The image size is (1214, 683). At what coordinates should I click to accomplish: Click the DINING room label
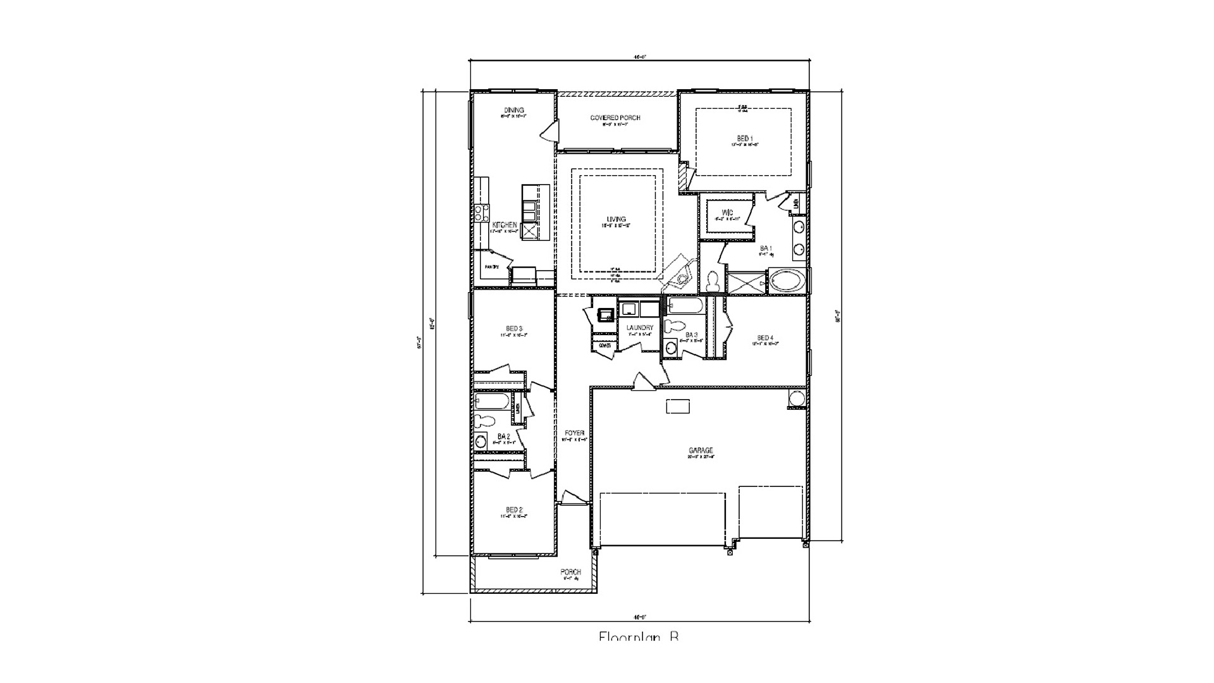point(514,111)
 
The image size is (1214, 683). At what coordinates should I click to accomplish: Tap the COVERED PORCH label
point(615,118)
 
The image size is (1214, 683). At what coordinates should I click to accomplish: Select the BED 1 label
point(744,138)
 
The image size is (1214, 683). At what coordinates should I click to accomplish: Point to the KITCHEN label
point(505,226)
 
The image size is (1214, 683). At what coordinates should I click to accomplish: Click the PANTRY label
point(492,268)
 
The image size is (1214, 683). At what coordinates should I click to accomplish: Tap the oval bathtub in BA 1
point(787,281)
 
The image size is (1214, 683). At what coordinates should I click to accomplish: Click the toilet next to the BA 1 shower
point(713,281)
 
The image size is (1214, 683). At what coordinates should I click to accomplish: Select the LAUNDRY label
point(639,328)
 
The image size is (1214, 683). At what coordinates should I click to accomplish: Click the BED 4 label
point(765,338)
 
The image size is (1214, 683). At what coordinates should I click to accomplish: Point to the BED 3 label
point(514,329)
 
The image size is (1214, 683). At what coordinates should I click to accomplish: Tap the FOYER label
point(574,433)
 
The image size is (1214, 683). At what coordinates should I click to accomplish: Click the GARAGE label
point(701,451)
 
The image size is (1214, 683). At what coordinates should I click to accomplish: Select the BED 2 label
point(514,510)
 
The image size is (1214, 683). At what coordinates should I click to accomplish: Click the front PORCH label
point(570,572)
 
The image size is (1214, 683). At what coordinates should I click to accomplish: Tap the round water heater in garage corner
point(797,398)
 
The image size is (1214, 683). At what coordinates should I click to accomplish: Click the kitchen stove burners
point(482,213)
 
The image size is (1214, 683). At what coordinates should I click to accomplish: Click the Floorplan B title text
point(639,636)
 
